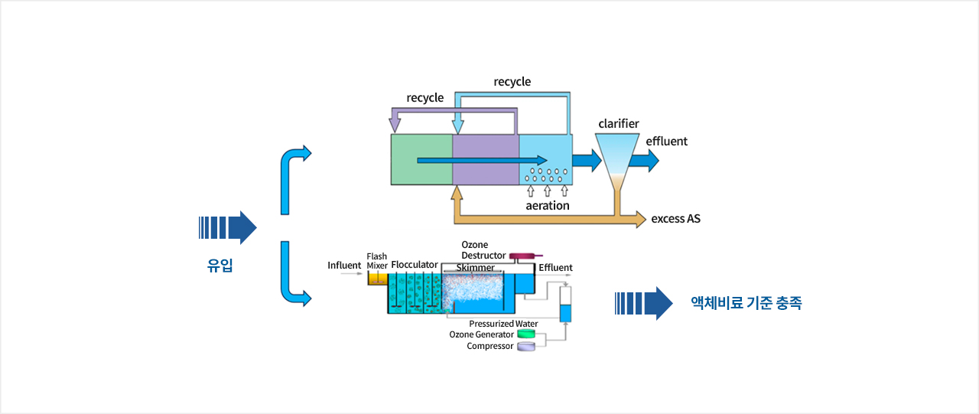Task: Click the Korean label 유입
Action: pos(220,265)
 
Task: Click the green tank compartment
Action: pos(421,160)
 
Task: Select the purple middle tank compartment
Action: pos(486,160)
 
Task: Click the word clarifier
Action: pos(619,124)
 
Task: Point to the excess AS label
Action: pos(675,219)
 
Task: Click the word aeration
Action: pos(547,206)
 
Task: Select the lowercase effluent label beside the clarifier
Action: pos(666,142)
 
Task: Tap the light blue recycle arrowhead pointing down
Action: pos(457,126)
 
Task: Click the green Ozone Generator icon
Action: pos(526,334)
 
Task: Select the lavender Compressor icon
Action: pos(526,346)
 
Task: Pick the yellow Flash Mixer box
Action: pos(378,279)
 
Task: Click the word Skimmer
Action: pos(476,267)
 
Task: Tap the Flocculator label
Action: pos(415,265)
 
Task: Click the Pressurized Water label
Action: pos(503,324)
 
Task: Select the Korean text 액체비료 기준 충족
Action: pos(746,303)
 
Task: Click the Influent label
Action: pos(344,266)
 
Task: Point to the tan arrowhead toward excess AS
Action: pos(641,219)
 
